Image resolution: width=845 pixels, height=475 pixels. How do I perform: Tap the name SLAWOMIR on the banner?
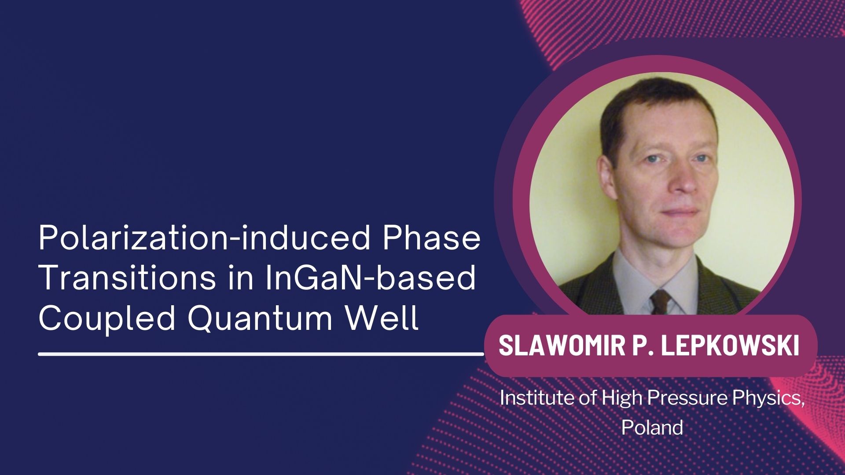559,346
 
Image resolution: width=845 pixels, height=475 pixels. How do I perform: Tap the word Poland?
652,427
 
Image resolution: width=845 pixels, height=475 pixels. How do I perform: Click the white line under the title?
261,354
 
